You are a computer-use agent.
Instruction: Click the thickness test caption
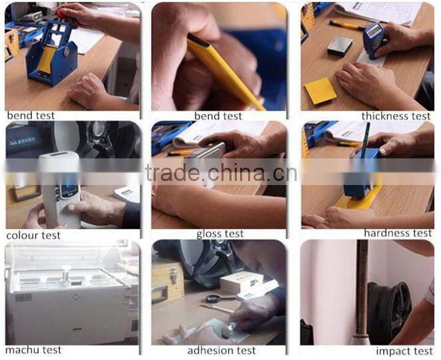(x=396, y=116)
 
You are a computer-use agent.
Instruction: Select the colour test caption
(x=33, y=236)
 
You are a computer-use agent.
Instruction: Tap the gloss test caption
(x=220, y=234)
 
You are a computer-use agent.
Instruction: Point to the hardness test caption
(x=397, y=233)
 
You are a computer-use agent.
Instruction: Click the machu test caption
(x=33, y=350)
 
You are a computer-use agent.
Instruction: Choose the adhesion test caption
(x=221, y=351)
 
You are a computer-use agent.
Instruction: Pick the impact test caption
(x=404, y=351)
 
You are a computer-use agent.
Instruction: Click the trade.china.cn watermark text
(x=221, y=172)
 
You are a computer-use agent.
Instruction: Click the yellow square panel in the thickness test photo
(x=321, y=91)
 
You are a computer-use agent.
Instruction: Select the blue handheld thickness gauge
(x=374, y=39)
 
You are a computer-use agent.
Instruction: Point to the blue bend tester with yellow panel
(x=52, y=53)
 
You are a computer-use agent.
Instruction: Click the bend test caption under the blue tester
(x=31, y=115)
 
